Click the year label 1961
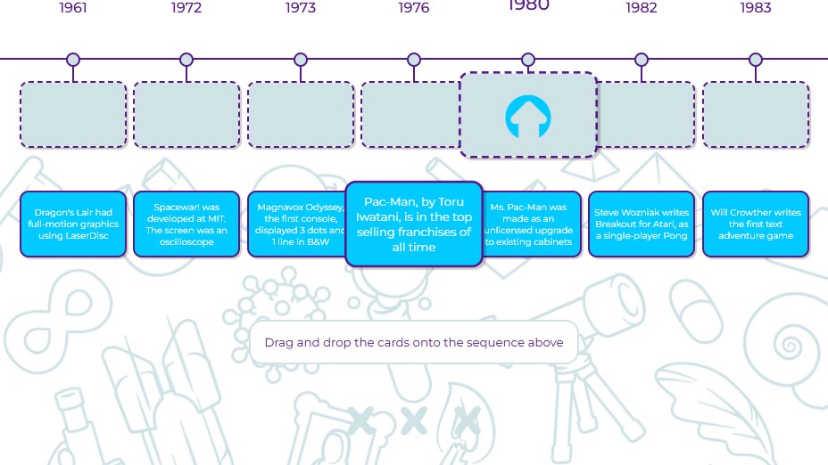[x=73, y=8]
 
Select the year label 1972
[x=186, y=8]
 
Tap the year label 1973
[x=301, y=8]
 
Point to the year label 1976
[x=414, y=8]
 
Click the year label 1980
[x=528, y=5]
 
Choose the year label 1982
[x=642, y=8]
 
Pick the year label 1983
[x=756, y=8]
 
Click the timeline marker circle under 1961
[x=73, y=60]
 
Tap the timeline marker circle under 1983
[x=756, y=60]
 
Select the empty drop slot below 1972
[x=186, y=114]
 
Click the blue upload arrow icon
[x=528, y=117]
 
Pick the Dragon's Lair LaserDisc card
[x=73, y=224]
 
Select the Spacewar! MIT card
[x=186, y=224]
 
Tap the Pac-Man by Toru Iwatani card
[x=414, y=224]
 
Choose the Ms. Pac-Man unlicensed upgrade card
[x=532, y=224]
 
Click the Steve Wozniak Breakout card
[x=642, y=224]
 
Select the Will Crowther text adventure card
[x=756, y=224]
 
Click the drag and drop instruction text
[x=414, y=342]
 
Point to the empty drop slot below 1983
[x=756, y=114]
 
